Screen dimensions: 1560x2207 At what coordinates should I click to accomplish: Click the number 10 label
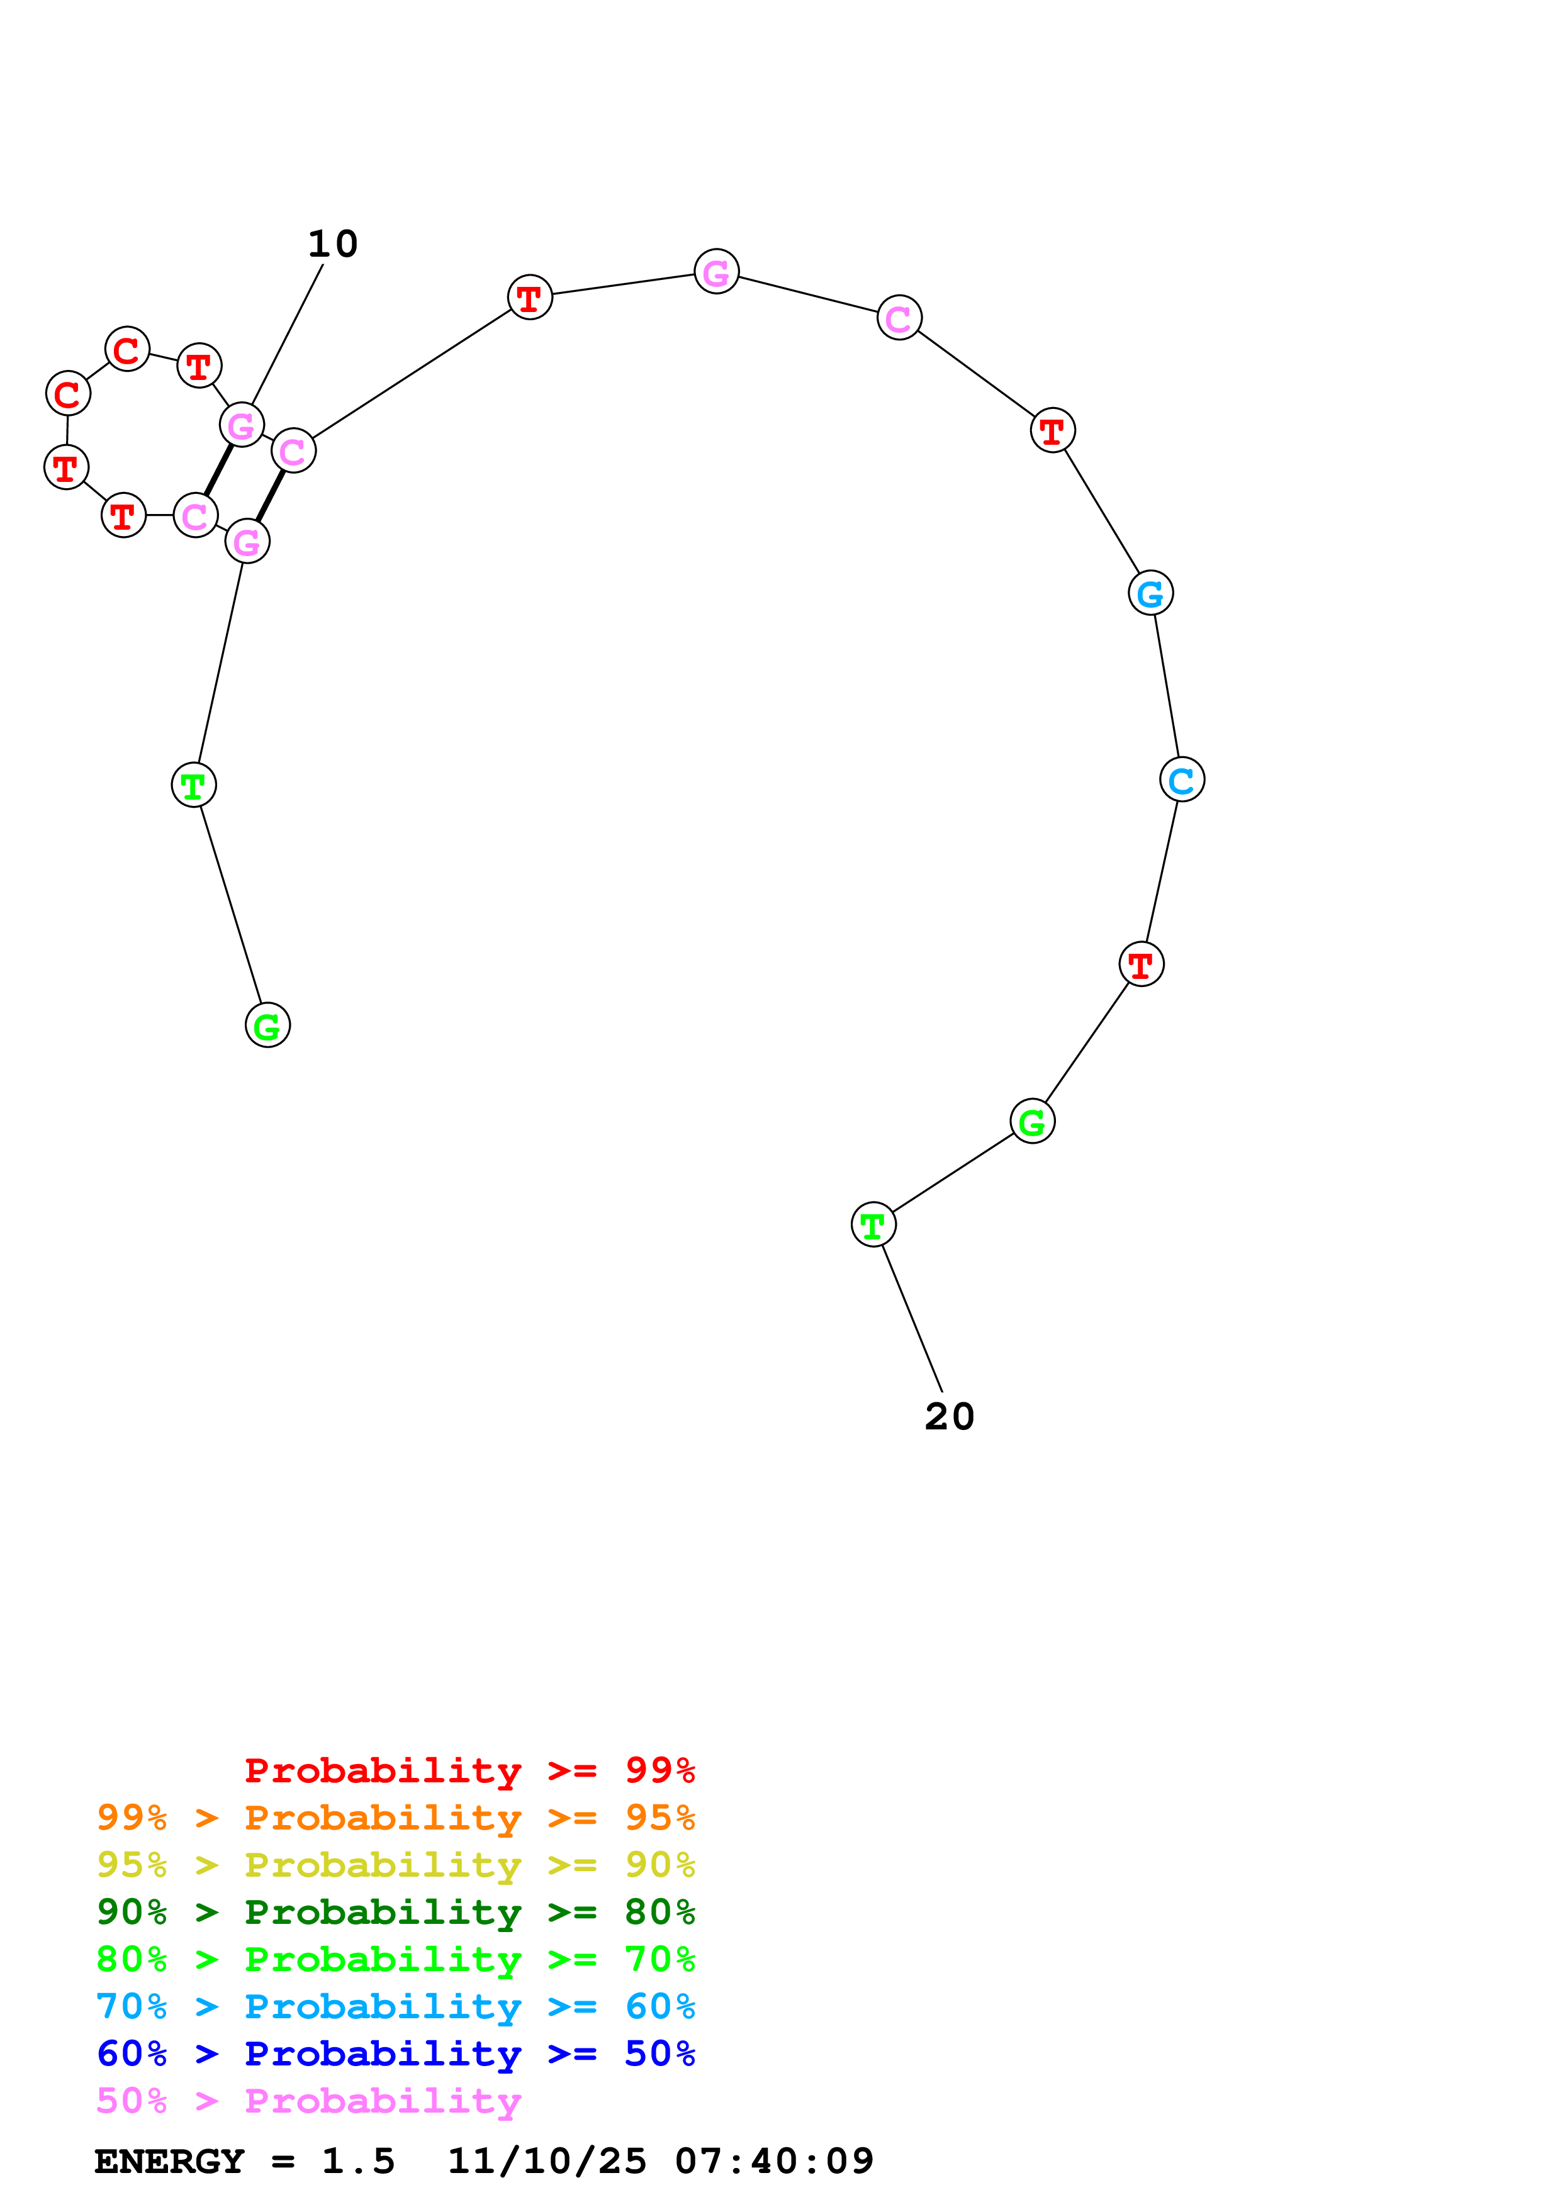[x=332, y=244]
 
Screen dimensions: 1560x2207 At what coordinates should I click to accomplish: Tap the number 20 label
[x=949, y=1417]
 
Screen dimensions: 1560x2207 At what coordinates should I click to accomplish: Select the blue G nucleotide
[x=1150, y=593]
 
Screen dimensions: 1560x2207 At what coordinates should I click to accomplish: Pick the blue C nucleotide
[x=1181, y=779]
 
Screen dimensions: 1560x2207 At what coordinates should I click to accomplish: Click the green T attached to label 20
[x=873, y=1226]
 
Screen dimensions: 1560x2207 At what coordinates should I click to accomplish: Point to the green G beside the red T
[x=1031, y=1122]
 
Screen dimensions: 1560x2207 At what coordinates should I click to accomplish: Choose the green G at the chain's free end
[x=267, y=1025]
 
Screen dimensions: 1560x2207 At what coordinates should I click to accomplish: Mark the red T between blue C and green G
[x=1141, y=964]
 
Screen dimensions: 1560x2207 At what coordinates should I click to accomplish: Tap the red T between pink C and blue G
[x=1053, y=430]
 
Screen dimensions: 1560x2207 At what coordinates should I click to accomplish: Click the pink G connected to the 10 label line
[x=241, y=425]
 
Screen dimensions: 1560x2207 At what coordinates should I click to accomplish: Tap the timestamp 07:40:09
[x=774, y=2162]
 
